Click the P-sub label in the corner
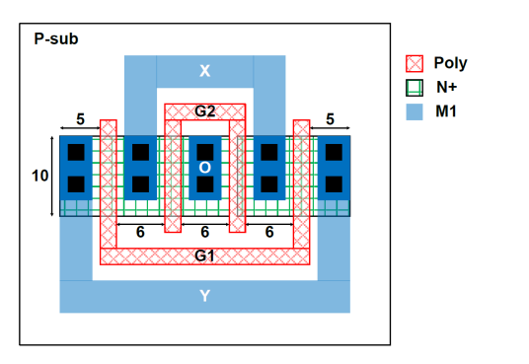pos(56,39)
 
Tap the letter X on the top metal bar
pos(204,71)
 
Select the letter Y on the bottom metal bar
pos(204,295)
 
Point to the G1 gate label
pos(204,255)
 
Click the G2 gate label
pos(204,110)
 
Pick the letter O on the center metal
pos(204,168)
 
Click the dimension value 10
pos(37,176)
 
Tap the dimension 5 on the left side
pos(80,119)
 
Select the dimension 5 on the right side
pos(330,119)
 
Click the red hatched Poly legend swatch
pos(416,63)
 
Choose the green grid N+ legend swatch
pos(416,88)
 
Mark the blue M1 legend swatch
pos(416,111)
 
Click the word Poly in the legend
pos(450,63)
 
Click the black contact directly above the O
pos(204,151)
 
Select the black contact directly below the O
pos(204,184)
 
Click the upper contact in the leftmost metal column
pos(76,151)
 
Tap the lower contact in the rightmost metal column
pos(334,184)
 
